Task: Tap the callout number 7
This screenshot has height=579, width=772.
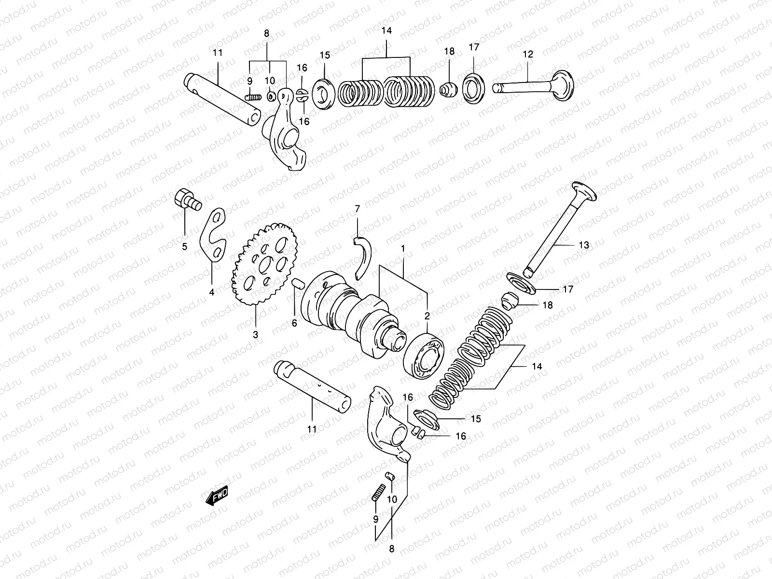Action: pos(357,209)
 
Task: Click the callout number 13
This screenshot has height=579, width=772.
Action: pos(584,245)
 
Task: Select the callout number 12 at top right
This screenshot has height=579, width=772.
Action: pos(528,55)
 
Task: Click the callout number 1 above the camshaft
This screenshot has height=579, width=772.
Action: pos(402,248)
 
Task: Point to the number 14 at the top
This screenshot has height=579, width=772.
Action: pos(386,30)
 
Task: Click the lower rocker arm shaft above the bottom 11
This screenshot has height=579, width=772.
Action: pos(312,386)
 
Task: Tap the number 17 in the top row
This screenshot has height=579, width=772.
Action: pos(474,47)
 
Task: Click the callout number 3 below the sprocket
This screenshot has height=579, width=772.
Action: pos(255,334)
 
